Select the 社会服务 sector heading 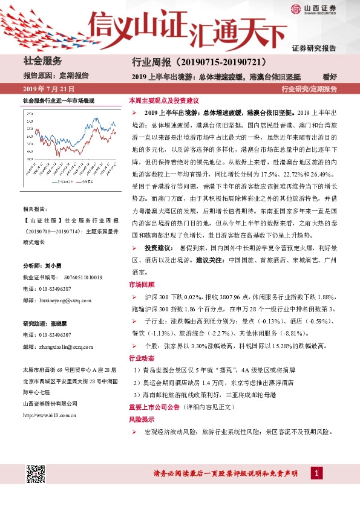(42, 61)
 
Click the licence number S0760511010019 (81, 277)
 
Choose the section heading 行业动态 (141, 358)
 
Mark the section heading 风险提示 (141, 419)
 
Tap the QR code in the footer (36, 475)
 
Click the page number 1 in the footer (316, 472)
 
